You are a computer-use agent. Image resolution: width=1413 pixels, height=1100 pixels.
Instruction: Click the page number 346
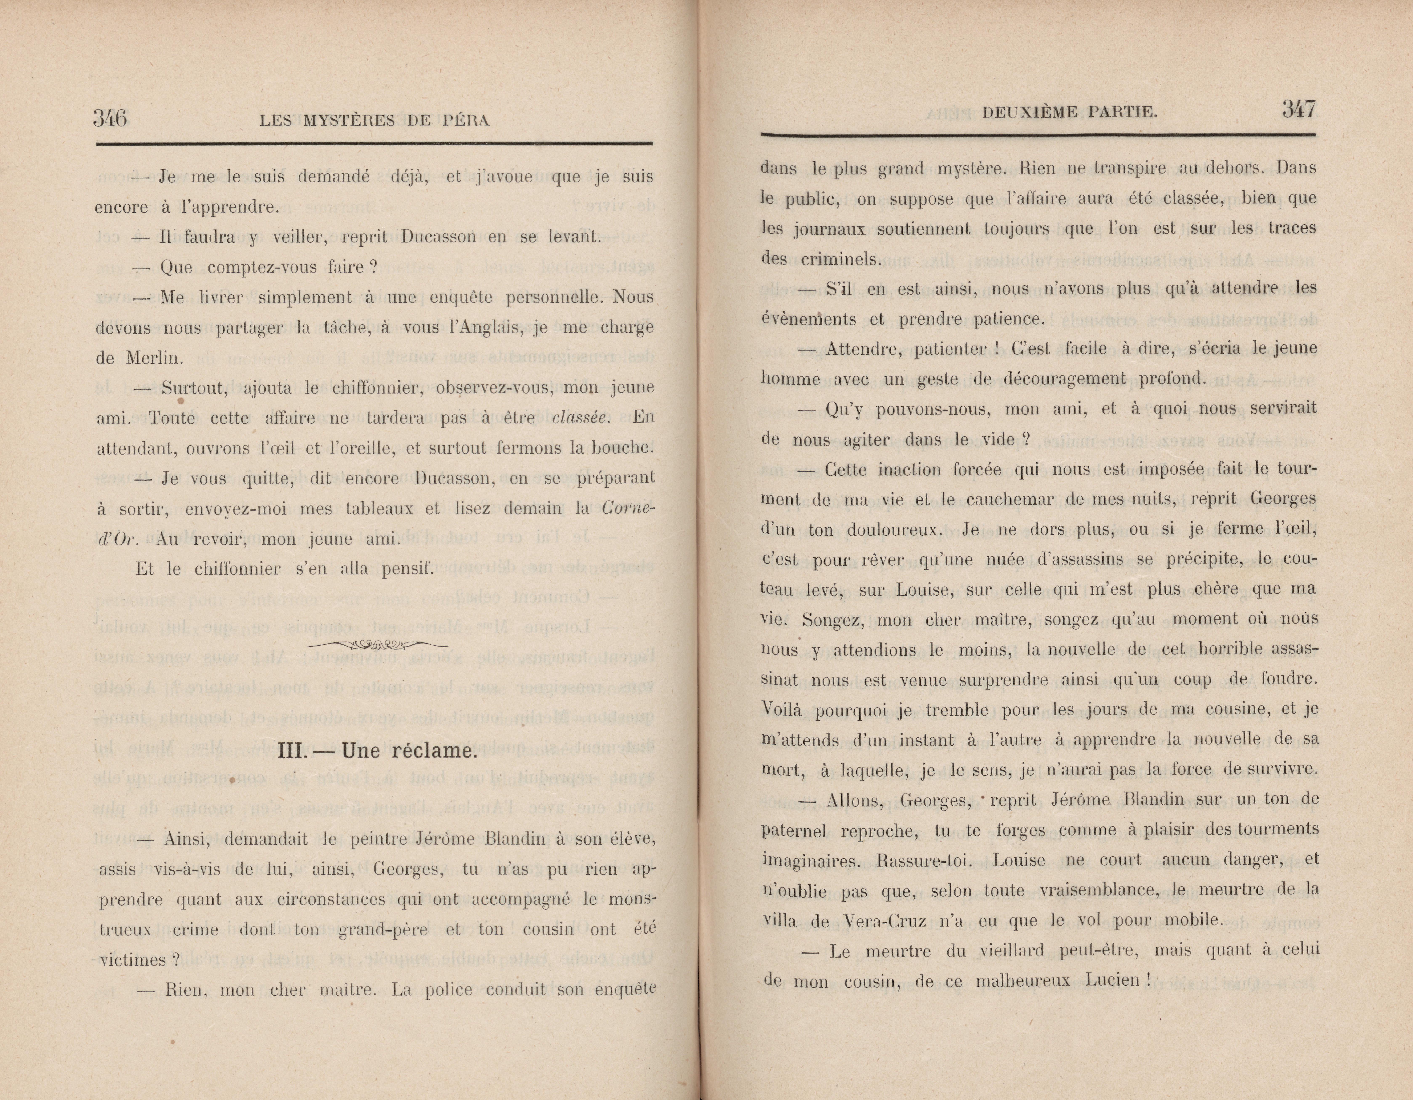click(110, 118)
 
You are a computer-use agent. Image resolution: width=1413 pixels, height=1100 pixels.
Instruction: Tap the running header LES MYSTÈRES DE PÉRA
click(374, 120)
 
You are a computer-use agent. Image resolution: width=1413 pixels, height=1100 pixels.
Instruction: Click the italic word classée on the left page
click(580, 417)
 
